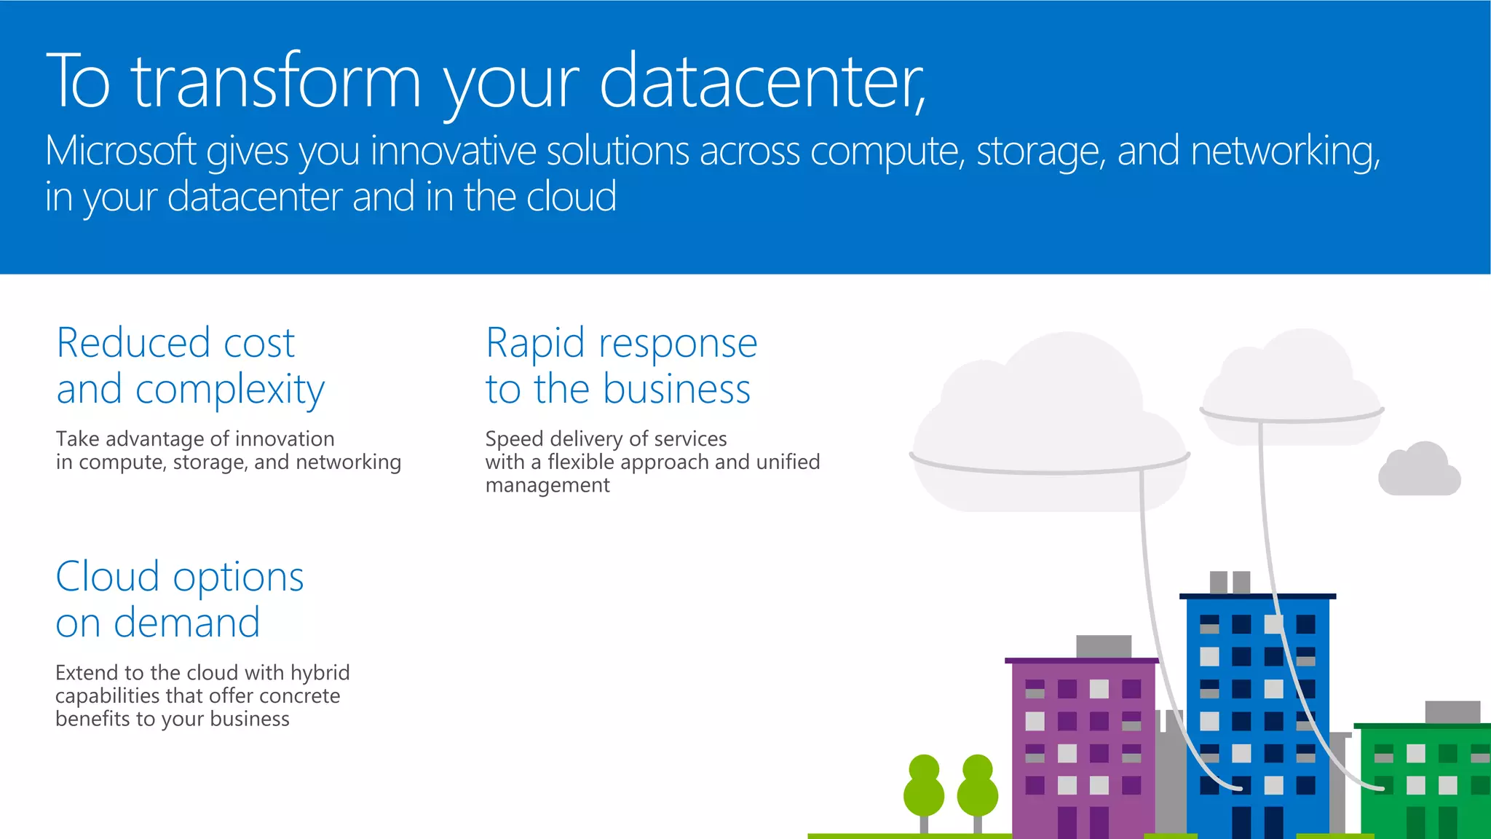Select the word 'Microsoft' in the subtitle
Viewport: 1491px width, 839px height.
(x=120, y=151)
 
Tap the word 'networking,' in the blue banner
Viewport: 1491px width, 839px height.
(x=1285, y=151)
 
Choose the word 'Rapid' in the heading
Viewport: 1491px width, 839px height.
(x=535, y=343)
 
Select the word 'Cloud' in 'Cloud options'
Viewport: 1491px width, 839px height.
(x=107, y=577)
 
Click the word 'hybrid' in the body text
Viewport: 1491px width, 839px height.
(x=320, y=673)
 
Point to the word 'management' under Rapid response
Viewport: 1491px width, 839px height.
(x=547, y=485)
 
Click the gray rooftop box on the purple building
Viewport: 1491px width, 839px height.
(x=1104, y=646)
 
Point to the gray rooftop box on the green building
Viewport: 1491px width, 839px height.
(x=1452, y=712)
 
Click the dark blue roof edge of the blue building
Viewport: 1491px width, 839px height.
(x=1257, y=596)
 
